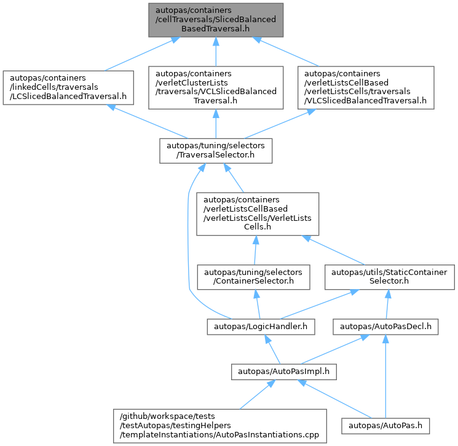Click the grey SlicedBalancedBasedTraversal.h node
coord(216,20)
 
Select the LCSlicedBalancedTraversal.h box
coord(68,87)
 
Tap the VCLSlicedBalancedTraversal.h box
coord(216,88)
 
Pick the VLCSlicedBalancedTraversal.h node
coord(366,88)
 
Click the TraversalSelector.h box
coord(216,151)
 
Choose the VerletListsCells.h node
coord(258,214)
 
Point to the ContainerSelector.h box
coord(253,277)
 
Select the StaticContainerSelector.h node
coord(390,277)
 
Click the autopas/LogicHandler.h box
coord(261,327)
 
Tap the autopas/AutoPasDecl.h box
coord(385,327)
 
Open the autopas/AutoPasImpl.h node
coord(284,372)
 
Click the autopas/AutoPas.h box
coord(385,426)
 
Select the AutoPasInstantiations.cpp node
coord(220,426)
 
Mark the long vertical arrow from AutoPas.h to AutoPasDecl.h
coord(385,376)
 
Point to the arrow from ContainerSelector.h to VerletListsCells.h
coord(255,250)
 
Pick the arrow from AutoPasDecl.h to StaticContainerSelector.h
coord(387,305)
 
